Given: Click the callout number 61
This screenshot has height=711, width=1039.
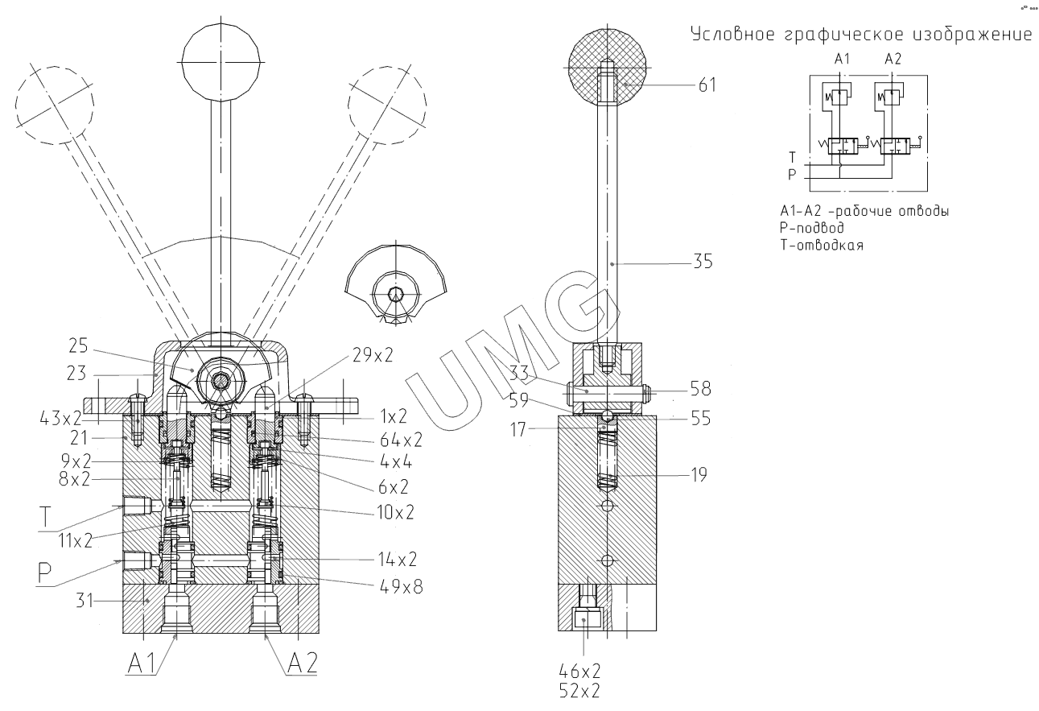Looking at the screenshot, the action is click(707, 85).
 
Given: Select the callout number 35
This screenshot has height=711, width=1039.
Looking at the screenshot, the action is click(703, 262).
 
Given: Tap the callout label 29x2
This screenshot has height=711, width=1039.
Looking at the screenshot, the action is click(373, 355).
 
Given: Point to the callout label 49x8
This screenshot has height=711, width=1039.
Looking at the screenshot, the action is click(402, 587).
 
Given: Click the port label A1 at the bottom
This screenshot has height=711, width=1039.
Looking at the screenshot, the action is click(142, 663).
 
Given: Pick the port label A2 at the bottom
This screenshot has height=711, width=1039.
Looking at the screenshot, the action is click(303, 663).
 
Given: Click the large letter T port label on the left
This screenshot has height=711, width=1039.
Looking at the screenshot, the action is click(45, 517).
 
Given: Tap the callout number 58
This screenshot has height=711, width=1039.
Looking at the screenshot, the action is click(700, 389).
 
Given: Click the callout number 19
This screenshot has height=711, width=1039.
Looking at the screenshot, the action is click(699, 475).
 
